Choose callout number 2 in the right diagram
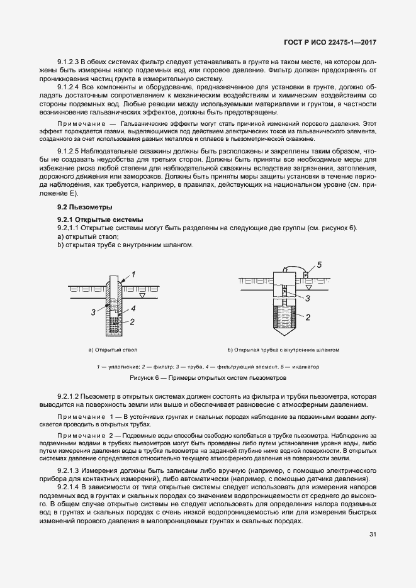point(308,318)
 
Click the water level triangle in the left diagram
point(143,295)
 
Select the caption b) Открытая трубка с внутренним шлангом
point(283,349)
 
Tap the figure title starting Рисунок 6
point(208,379)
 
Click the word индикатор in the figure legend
point(306,367)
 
